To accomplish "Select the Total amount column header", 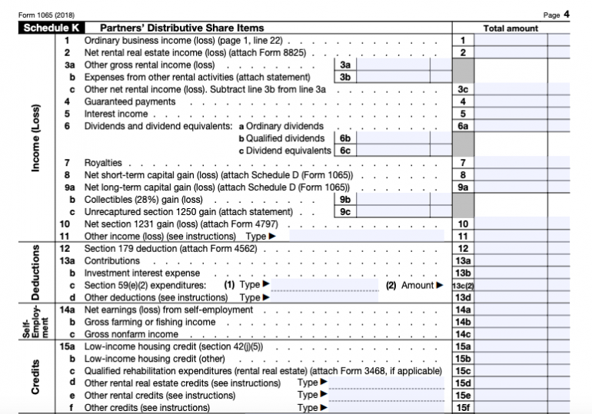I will [x=511, y=28].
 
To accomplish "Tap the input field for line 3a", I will [x=393, y=65].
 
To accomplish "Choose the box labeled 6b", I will [x=345, y=138].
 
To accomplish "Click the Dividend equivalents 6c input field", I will [x=393, y=151].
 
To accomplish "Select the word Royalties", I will [x=103, y=163].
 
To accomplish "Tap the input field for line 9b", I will [x=393, y=199].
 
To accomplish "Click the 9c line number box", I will [x=345, y=211].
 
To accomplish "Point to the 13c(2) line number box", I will [x=463, y=286].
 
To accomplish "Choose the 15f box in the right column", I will [x=463, y=407].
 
